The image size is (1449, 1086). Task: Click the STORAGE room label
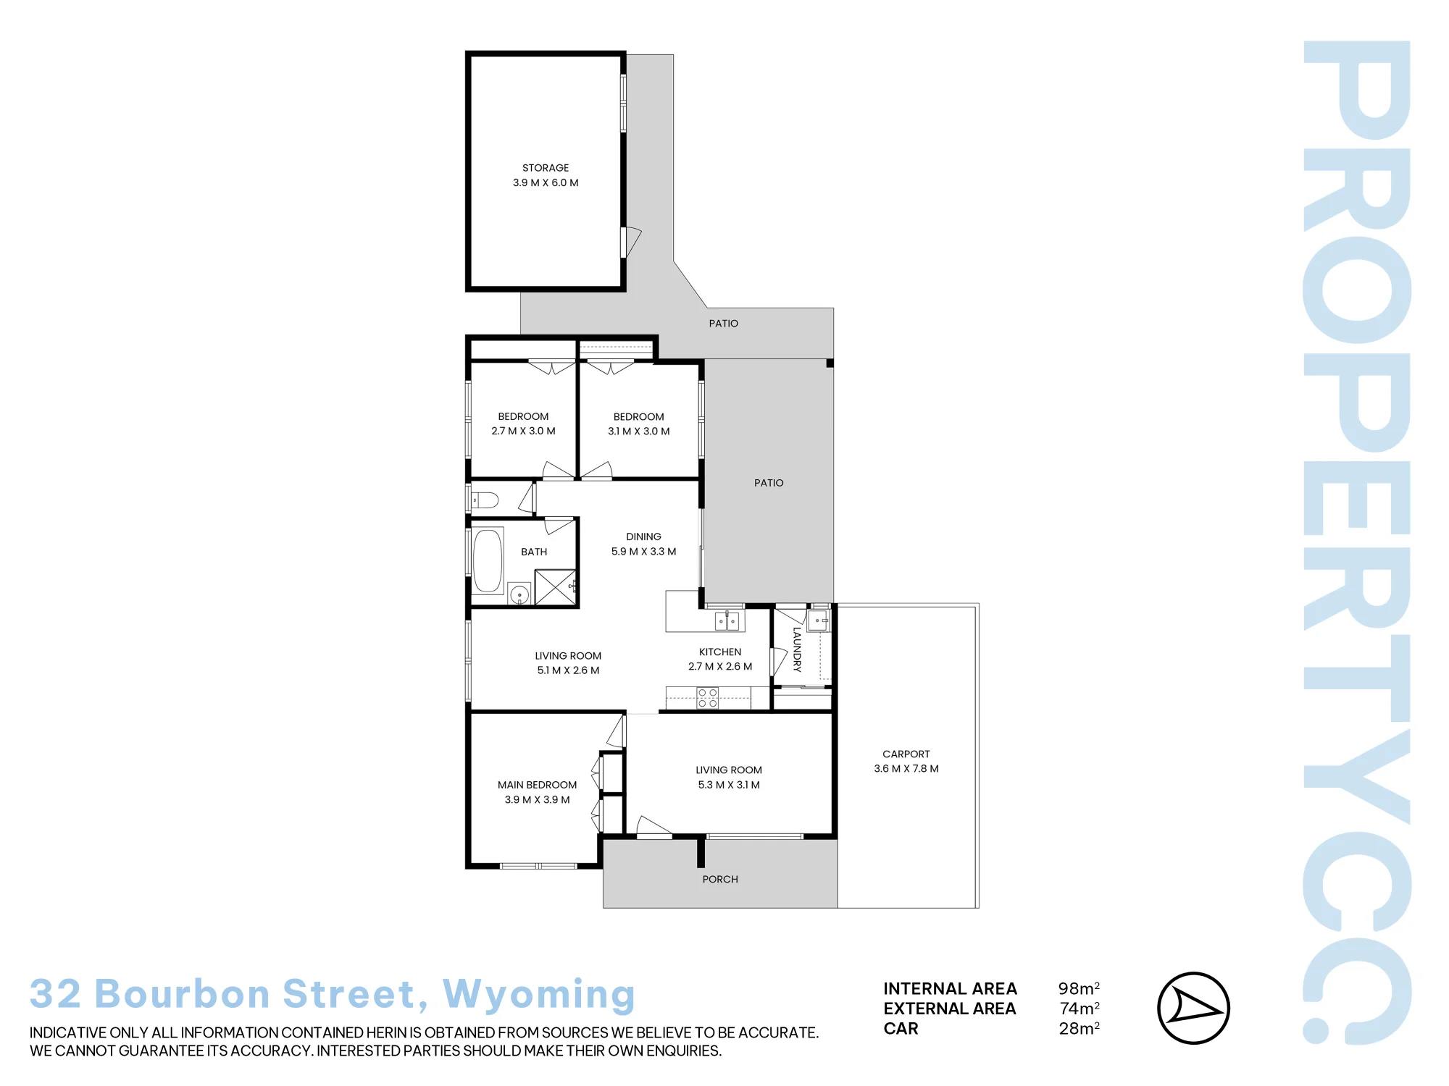[546, 168]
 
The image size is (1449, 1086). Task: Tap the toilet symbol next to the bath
[485, 500]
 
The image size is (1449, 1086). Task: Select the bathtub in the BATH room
[488, 561]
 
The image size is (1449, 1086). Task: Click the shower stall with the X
[555, 587]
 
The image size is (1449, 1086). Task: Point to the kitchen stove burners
[708, 698]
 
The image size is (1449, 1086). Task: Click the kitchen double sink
[727, 620]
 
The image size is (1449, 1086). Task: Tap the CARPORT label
[906, 754]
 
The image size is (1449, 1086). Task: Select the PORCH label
[720, 879]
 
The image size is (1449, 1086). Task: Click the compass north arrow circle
[1193, 1008]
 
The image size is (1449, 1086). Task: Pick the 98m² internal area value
[1079, 988]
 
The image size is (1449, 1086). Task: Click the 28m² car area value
[1079, 1028]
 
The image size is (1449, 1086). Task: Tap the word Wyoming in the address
[539, 995]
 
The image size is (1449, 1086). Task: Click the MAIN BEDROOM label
[537, 785]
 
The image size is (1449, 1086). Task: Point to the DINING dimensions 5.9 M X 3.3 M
[643, 552]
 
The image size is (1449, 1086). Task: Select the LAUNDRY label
[797, 649]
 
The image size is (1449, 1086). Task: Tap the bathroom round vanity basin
[519, 594]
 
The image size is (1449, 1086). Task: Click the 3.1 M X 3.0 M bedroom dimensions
[638, 432]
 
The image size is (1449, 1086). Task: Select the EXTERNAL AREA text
[950, 1009]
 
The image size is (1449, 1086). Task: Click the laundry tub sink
[819, 620]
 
